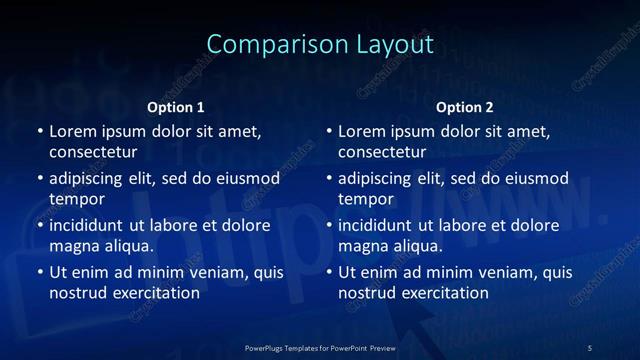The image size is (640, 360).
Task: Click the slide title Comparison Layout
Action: pyautogui.click(x=320, y=45)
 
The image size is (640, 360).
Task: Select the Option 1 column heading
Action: pyautogui.click(x=176, y=107)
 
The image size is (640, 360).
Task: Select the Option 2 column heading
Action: pyautogui.click(x=465, y=107)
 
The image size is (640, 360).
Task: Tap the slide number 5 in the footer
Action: pyautogui.click(x=590, y=347)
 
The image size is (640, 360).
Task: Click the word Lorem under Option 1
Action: pyautogui.click(x=72, y=131)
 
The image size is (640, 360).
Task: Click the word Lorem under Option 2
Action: pyautogui.click(x=361, y=131)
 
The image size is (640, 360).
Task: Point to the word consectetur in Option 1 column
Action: pyautogui.click(x=93, y=152)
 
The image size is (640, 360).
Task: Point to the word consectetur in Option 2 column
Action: pyautogui.click(x=382, y=152)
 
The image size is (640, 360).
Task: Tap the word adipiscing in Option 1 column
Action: pyautogui.click(x=88, y=178)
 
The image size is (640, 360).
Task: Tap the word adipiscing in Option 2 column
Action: pyautogui.click(x=377, y=178)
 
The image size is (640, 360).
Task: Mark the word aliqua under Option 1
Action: pyautogui.click(x=128, y=246)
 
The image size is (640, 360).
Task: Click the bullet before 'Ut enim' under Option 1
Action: pyautogui.click(x=40, y=272)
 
